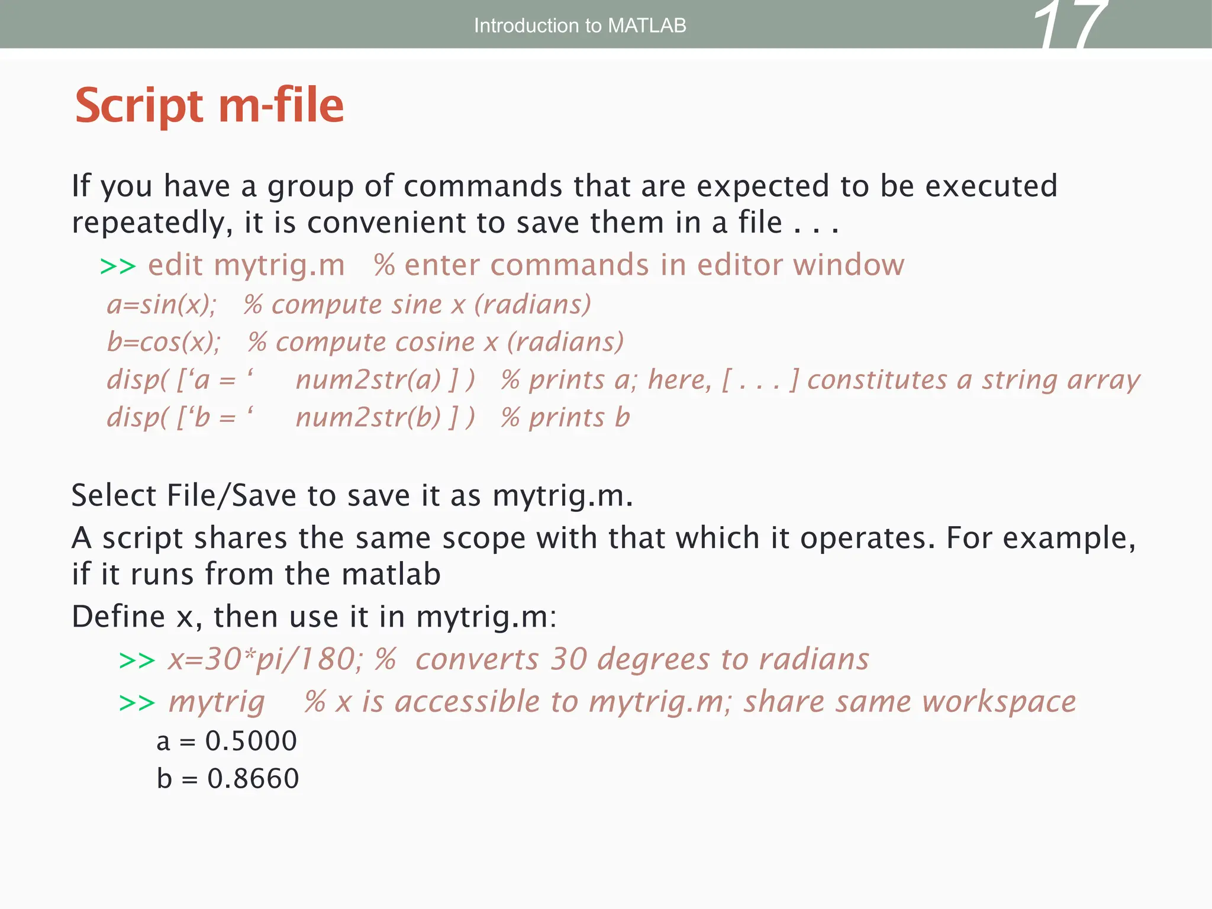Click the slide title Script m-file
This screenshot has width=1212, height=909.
pyautogui.click(x=209, y=105)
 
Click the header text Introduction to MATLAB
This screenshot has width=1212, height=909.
pyautogui.click(x=579, y=25)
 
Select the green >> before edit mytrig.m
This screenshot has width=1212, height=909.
pyautogui.click(x=118, y=266)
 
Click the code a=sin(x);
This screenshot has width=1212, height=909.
pyautogui.click(x=162, y=305)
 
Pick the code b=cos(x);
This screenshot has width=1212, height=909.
pyautogui.click(x=164, y=342)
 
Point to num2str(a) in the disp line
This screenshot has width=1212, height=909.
pyautogui.click(x=368, y=380)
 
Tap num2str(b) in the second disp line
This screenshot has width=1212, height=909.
pyautogui.click(x=368, y=418)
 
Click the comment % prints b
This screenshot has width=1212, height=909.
pyautogui.click(x=565, y=418)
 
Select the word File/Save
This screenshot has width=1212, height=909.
pyautogui.click(x=231, y=495)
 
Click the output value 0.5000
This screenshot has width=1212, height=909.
pyautogui.click(x=251, y=741)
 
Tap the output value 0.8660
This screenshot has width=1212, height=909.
pyautogui.click(x=253, y=779)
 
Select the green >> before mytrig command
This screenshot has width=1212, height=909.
pyautogui.click(x=137, y=703)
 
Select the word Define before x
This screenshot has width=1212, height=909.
pyautogui.click(x=118, y=617)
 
